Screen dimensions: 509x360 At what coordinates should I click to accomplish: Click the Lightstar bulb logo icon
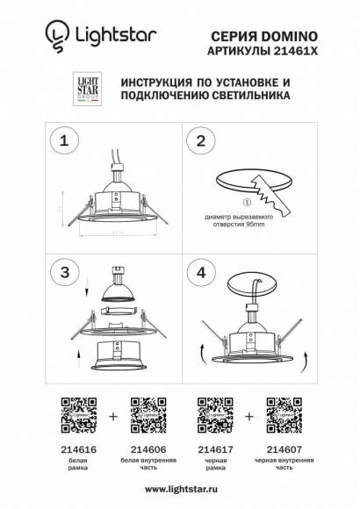click(55, 35)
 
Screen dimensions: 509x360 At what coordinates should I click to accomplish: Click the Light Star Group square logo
click(83, 87)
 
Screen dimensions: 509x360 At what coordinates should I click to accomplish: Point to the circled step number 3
click(61, 273)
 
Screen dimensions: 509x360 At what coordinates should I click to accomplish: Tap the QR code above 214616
click(76, 413)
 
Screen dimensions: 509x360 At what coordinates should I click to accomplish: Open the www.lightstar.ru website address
click(180, 490)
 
